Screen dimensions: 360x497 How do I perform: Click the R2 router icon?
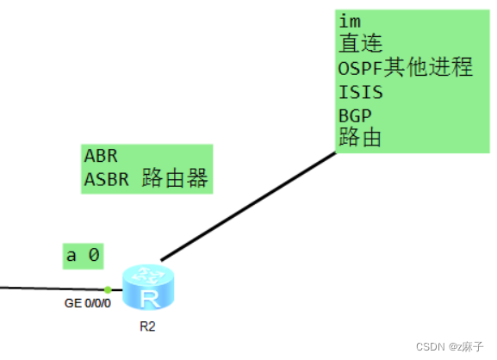[147, 289]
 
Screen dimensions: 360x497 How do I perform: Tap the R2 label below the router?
[147, 327]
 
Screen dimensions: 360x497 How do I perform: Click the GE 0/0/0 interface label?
[89, 303]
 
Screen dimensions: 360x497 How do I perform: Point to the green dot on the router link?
[108, 289]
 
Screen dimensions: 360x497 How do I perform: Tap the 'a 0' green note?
[84, 255]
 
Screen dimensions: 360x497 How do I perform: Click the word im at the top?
[349, 21]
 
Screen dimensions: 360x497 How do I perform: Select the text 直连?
[361, 44]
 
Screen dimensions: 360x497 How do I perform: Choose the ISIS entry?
[361, 91]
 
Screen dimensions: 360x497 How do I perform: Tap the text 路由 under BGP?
[361, 138]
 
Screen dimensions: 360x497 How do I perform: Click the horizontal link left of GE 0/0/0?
[52, 289]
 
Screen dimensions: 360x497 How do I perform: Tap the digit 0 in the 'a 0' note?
[95, 255]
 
